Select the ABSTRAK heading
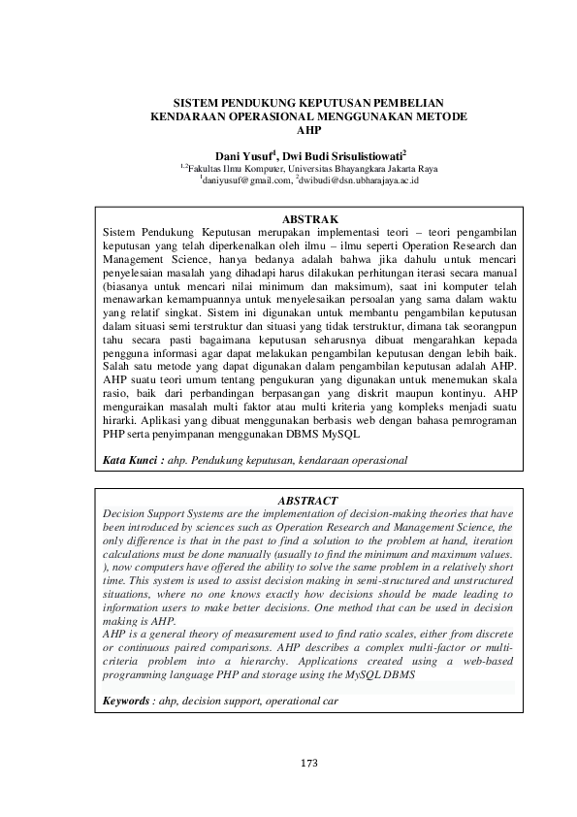point(307,220)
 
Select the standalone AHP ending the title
point(307,129)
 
